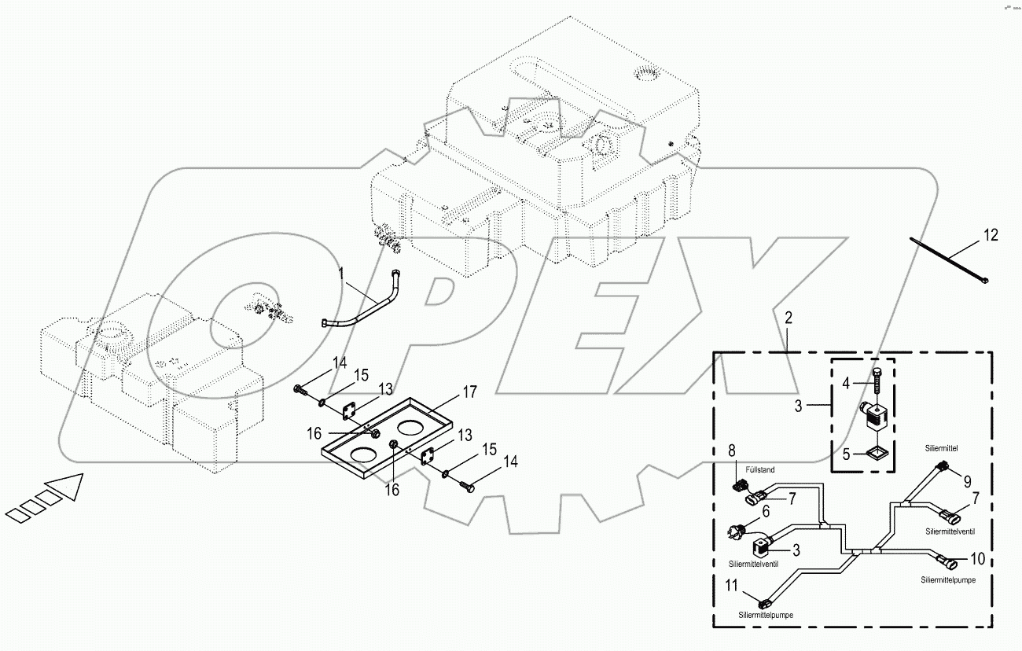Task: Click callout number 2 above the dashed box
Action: [x=788, y=318]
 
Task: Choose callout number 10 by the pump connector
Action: [x=977, y=560]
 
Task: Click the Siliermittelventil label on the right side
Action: [x=950, y=531]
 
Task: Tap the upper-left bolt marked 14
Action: [x=300, y=388]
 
